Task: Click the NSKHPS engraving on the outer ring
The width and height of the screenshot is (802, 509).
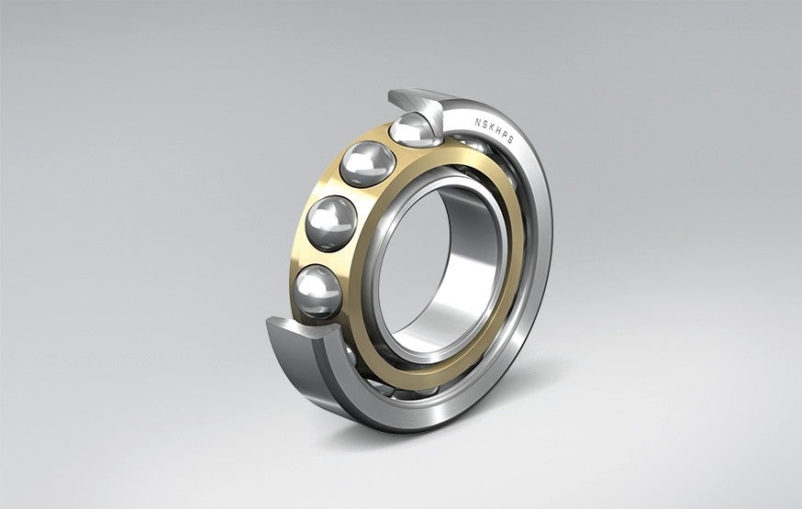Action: (x=494, y=127)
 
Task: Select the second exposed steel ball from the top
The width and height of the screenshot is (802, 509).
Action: (x=367, y=166)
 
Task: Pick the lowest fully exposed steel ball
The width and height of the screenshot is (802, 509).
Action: (x=317, y=289)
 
